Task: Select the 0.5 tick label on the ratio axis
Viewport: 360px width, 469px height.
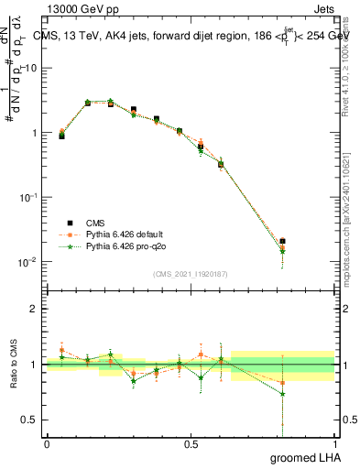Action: pyautogui.click(x=30, y=420)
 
